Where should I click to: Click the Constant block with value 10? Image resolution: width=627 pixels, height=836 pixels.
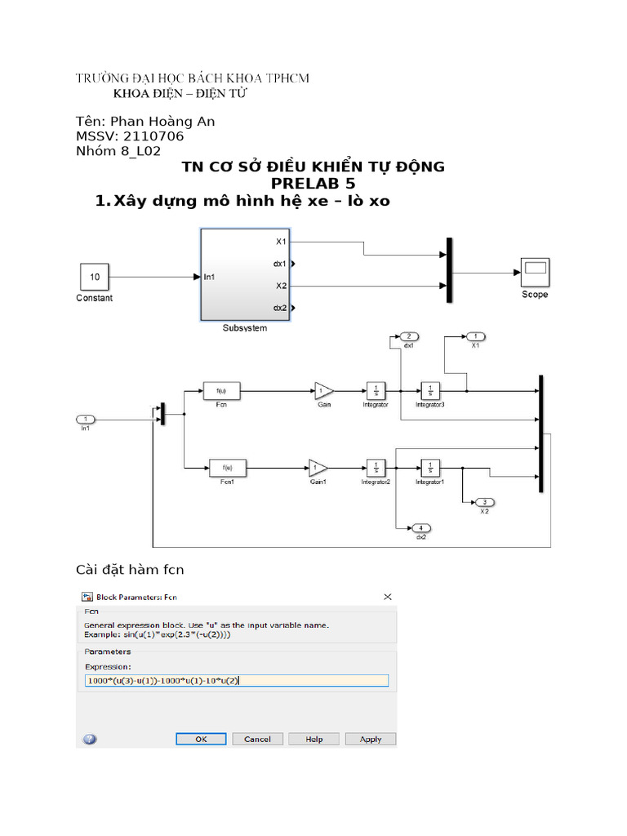95,278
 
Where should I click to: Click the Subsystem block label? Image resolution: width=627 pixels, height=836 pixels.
244,328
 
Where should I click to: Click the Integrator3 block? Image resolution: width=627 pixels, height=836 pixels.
430,390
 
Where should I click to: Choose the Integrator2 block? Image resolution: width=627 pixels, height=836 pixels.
376,468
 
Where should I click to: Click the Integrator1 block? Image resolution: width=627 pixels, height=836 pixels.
429,468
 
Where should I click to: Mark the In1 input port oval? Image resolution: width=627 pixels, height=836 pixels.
86,420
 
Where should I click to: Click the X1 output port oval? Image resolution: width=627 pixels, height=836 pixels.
475,336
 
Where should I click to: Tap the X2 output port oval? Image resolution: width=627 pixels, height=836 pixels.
484,502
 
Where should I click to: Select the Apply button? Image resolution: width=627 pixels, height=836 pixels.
371,739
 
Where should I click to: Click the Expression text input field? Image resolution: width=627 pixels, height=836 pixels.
237,680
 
